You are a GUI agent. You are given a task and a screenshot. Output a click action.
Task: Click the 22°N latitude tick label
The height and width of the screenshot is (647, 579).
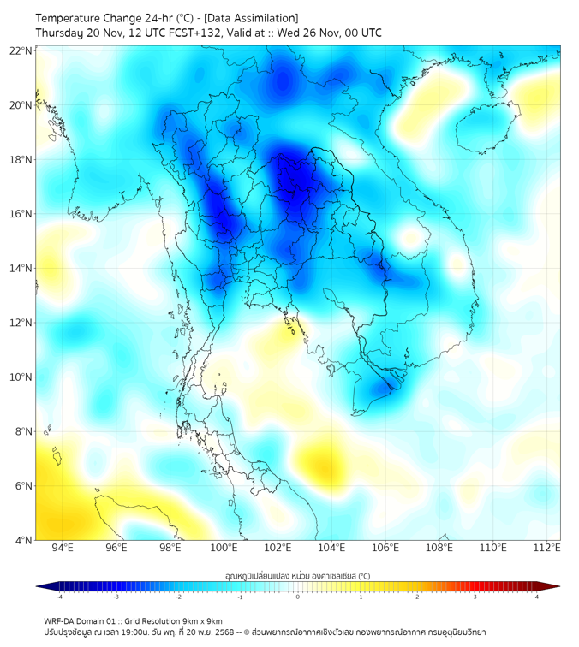[21, 51]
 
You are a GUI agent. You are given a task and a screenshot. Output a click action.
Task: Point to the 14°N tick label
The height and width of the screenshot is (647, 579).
[21, 269]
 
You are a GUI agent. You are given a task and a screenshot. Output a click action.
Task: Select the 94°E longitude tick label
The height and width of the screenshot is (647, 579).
[63, 549]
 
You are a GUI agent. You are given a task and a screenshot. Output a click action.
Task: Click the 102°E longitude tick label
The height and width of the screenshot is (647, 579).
[278, 549]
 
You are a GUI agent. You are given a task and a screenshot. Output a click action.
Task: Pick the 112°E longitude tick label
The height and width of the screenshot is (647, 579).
[546, 549]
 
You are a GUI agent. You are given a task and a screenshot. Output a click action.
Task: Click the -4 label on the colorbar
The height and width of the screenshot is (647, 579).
[58, 597]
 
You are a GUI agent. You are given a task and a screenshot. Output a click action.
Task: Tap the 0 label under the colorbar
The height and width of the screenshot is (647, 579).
[298, 597]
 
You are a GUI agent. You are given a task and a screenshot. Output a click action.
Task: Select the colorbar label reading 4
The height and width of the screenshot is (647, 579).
[537, 597]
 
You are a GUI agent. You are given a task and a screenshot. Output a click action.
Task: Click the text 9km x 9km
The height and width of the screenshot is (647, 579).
[203, 620]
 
